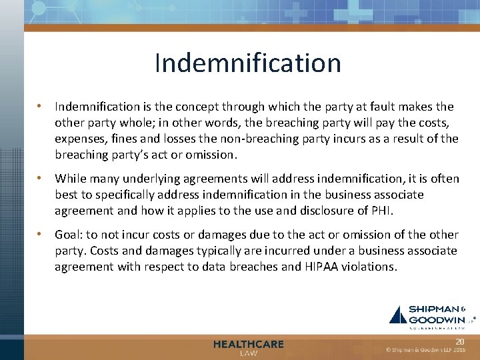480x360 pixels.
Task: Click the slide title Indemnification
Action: coord(247,63)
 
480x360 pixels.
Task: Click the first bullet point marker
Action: coord(41,106)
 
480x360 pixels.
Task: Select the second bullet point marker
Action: coord(41,179)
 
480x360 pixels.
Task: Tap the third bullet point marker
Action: coord(41,235)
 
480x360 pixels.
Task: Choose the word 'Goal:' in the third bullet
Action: coord(69,235)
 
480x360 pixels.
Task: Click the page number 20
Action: coord(459,341)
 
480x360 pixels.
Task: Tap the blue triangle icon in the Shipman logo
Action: coord(398,315)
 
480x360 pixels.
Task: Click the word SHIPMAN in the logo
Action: coord(433,309)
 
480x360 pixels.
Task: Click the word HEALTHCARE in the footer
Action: coord(248,344)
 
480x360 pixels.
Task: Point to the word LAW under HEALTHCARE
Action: coord(248,353)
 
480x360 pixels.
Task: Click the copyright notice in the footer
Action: coord(425,350)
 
